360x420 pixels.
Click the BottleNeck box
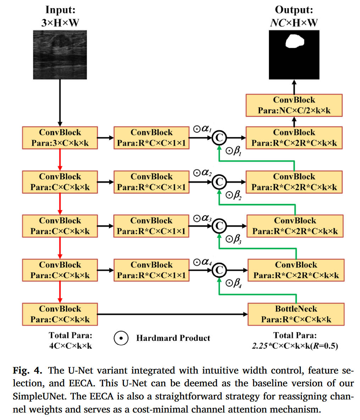[296, 314]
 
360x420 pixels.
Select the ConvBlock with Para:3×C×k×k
[60, 138]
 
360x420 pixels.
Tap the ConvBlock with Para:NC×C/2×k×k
[294, 105]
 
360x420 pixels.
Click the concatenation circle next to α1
[219, 137]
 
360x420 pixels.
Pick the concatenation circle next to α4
[219, 270]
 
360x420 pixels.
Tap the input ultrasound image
[60, 54]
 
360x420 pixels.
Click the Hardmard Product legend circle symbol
[121, 338]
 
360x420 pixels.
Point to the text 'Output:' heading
[294, 10]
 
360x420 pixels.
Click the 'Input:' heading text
[60, 10]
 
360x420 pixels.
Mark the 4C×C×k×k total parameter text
[70, 346]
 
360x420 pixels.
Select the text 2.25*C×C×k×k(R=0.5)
[295, 346]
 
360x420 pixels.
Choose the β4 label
[234, 283]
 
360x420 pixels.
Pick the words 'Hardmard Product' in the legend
[173, 338]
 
